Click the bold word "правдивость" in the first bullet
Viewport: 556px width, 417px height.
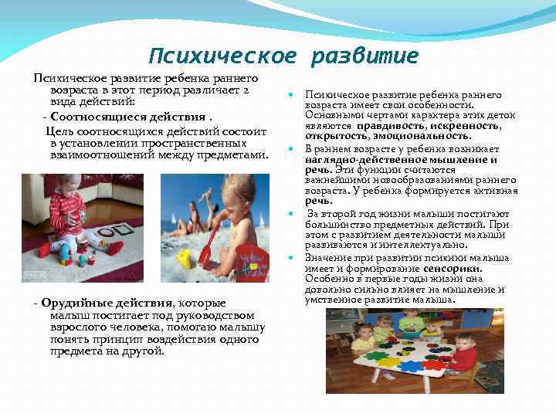point(385,125)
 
